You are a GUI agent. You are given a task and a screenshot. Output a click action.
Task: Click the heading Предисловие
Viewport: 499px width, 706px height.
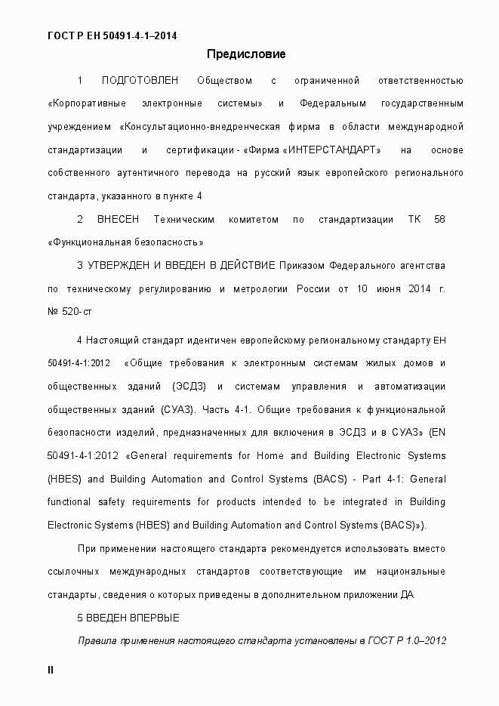tap(246, 54)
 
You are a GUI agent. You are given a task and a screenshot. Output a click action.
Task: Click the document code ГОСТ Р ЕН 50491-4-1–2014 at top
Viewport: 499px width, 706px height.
tap(112, 35)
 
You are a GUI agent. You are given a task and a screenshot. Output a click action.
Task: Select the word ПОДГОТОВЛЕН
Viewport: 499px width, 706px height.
tap(140, 80)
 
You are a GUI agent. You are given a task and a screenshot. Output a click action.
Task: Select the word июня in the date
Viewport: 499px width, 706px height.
tap(387, 288)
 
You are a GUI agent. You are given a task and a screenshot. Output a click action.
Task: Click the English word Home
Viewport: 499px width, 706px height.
tap(270, 455)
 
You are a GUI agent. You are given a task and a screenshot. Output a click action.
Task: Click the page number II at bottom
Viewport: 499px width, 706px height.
tap(51, 669)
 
